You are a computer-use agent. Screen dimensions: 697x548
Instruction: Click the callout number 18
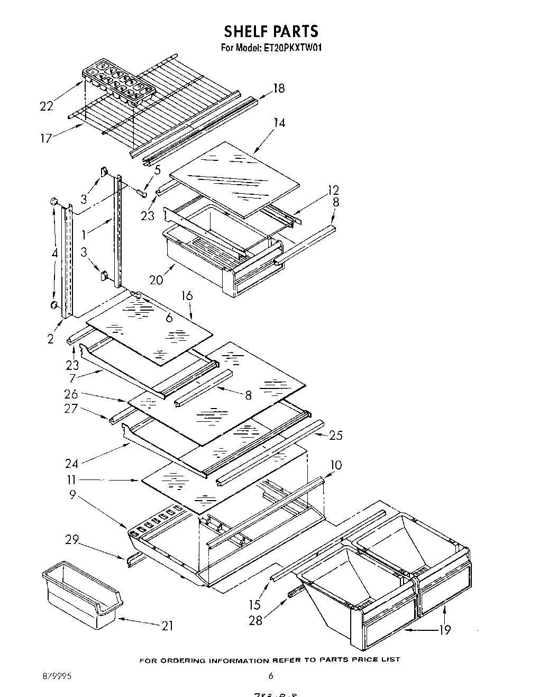coord(278,88)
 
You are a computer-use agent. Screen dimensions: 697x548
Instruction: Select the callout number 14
coord(279,123)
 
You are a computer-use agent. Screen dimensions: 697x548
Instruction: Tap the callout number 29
coord(72,540)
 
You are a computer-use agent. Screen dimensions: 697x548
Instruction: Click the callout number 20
coord(156,280)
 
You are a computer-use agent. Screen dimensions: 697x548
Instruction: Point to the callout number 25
coord(336,435)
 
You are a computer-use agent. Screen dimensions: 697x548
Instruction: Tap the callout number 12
coord(333,190)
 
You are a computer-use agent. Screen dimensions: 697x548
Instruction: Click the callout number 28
coord(255,620)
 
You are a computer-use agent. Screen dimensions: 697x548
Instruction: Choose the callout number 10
coord(335,465)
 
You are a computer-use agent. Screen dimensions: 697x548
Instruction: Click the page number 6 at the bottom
coord(270,675)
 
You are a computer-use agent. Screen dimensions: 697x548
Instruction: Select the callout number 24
coord(72,464)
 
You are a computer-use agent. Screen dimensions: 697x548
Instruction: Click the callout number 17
coord(46,138)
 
